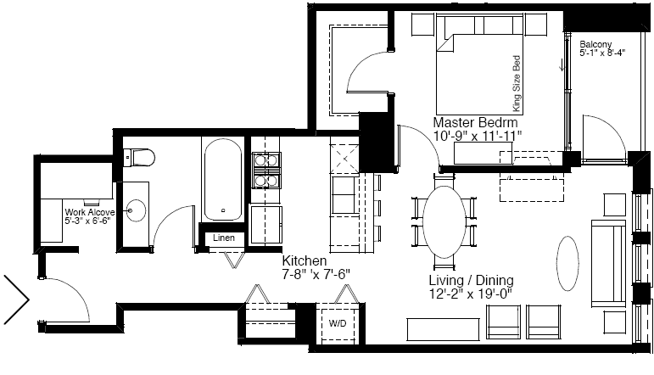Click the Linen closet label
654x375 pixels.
coord(224,238)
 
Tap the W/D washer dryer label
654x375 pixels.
coord(338,323)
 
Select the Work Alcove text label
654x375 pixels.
coord(90,212)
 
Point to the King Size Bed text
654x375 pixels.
coord(517,83)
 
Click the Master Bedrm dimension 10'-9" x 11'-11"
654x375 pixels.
coord(478,136)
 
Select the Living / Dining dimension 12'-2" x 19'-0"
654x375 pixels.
coord(471,294)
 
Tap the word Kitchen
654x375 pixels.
coord(304,260)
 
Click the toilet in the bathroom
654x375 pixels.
coord(140,157)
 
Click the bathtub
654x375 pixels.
coord(223,180)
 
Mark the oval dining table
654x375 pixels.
coord(444,222)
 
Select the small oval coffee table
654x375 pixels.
coord(567,263)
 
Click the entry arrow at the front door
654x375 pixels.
coord(17,299)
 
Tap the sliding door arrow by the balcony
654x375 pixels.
coord(562,65)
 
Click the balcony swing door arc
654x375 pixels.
coord(605,137)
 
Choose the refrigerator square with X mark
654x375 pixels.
coord(344,159)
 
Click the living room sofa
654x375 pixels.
coord(609,264)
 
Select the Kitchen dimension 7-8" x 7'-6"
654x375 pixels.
coord(316,275)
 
